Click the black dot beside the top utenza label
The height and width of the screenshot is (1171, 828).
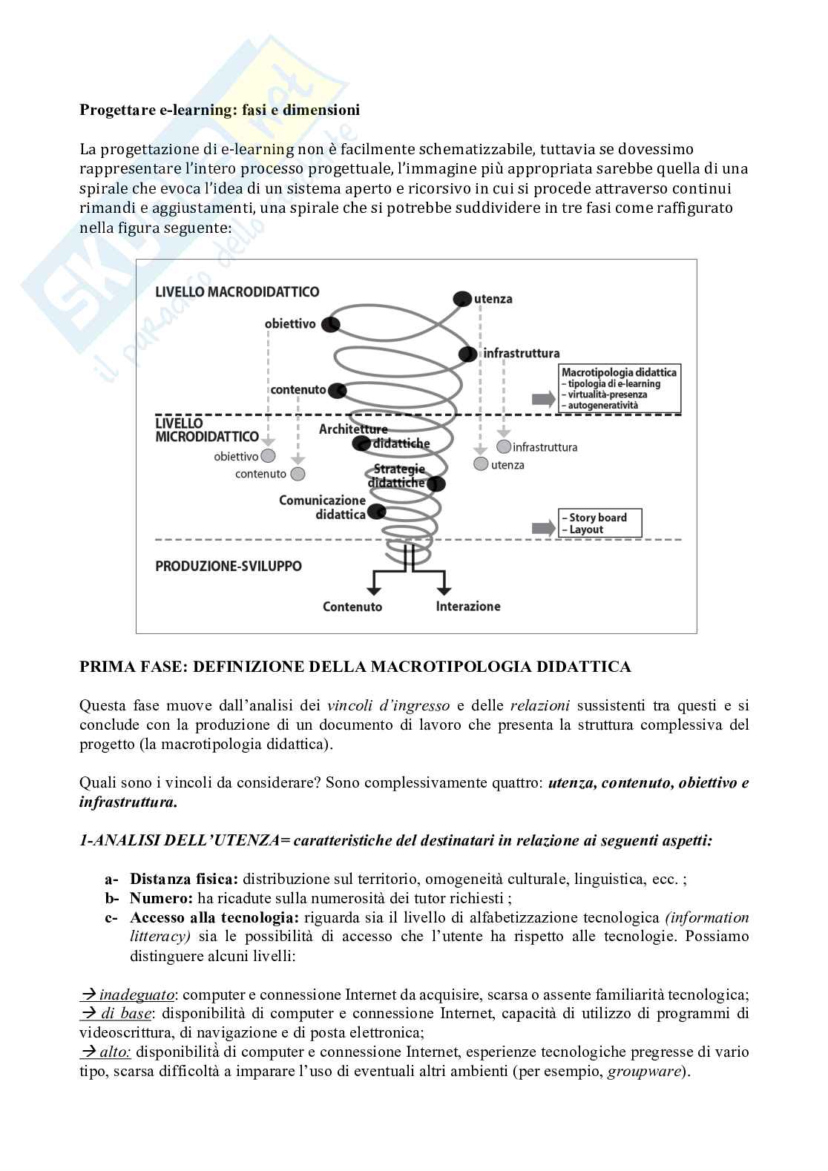point(462,298)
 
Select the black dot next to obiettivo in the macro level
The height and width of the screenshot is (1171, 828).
point(331,324)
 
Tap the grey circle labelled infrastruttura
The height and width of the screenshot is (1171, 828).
point(504,446)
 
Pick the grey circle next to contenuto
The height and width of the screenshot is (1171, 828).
point(298,473)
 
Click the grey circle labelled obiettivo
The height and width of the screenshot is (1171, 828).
point(269,456)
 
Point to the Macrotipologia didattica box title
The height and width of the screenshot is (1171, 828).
point(619,372)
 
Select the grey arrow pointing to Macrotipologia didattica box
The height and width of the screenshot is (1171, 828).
point(543,399)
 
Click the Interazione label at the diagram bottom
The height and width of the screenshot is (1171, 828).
point(468,606)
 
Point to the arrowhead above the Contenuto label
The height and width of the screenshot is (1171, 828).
point(374,590)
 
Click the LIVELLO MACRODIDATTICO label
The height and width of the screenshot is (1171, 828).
point(237,291)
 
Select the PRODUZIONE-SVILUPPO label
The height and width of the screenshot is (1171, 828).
point(229,566)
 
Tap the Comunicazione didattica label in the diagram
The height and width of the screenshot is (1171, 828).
point(323,507)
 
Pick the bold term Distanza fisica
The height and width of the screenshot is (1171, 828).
point(183,879)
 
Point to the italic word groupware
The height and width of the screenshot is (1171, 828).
point(644,1071)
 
